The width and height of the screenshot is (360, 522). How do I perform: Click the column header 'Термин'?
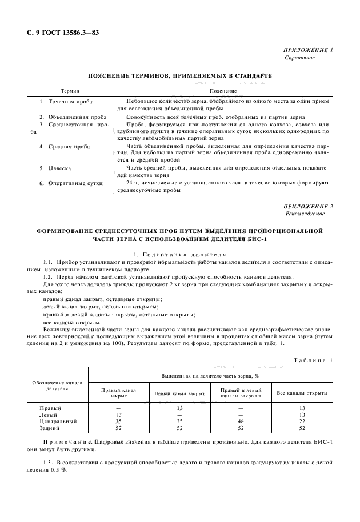[70, 91]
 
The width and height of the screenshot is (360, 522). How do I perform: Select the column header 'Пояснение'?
[223, 91]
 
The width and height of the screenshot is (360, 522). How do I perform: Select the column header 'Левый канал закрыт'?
[179, 393]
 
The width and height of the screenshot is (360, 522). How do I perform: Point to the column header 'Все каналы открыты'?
[302, 393]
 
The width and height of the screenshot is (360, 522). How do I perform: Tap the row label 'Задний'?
[49, 428]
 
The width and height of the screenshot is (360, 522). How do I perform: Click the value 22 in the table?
[302, 421]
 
